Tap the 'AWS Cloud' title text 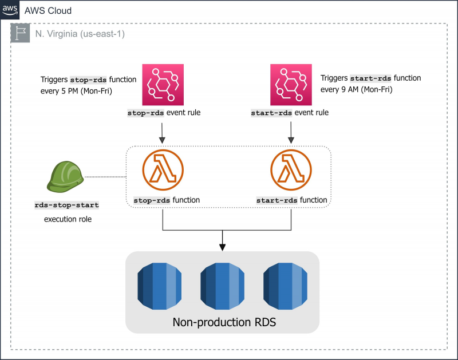click(x=48, y=11)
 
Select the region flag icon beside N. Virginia click(x=20, y=34)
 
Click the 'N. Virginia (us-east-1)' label click(x=78, y=34)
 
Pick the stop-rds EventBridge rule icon click(x=163, y=83)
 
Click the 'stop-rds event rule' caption click(x=163, y=113)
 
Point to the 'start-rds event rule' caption click(x=290, y=113)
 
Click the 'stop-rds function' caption click(x=167, y=200)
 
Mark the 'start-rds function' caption click(x=291, y=200)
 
